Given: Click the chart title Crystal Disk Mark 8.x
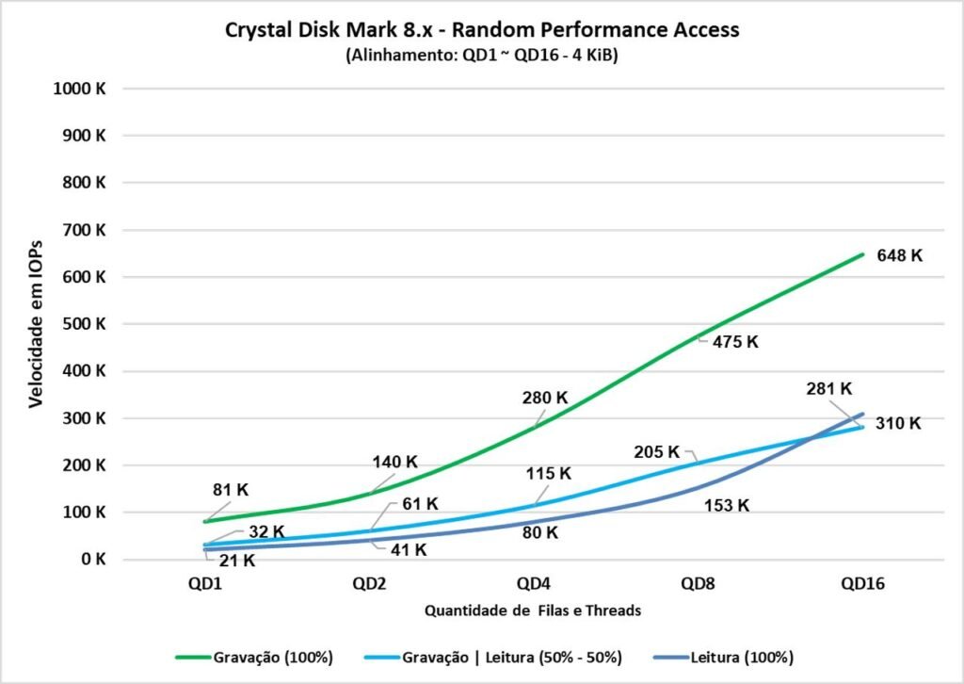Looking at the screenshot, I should tap(482, 29).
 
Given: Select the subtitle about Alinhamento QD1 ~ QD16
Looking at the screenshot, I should tap(481, 55).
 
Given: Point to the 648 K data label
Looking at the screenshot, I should tap(899, 255).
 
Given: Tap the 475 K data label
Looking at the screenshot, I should tap(734, 342).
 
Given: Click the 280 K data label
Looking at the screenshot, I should tap(545, 398).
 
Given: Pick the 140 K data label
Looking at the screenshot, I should tap(394, 462).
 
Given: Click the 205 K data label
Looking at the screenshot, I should tap(655, 451).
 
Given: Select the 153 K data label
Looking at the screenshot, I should tap(726, 505).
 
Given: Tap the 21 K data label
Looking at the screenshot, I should tap(236, 561).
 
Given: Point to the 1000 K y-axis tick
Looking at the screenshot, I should tap(85, 89).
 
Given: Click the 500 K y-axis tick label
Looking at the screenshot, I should tap(88, 324).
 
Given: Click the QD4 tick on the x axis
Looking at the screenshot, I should tap(533, 584).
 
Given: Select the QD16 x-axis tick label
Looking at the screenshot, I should tap(863, 584).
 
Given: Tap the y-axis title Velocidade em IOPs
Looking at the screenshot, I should tap(36, 323).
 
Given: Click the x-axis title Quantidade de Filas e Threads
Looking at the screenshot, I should tap(533, 611).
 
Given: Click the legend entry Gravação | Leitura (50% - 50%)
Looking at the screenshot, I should tap(506, 657).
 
